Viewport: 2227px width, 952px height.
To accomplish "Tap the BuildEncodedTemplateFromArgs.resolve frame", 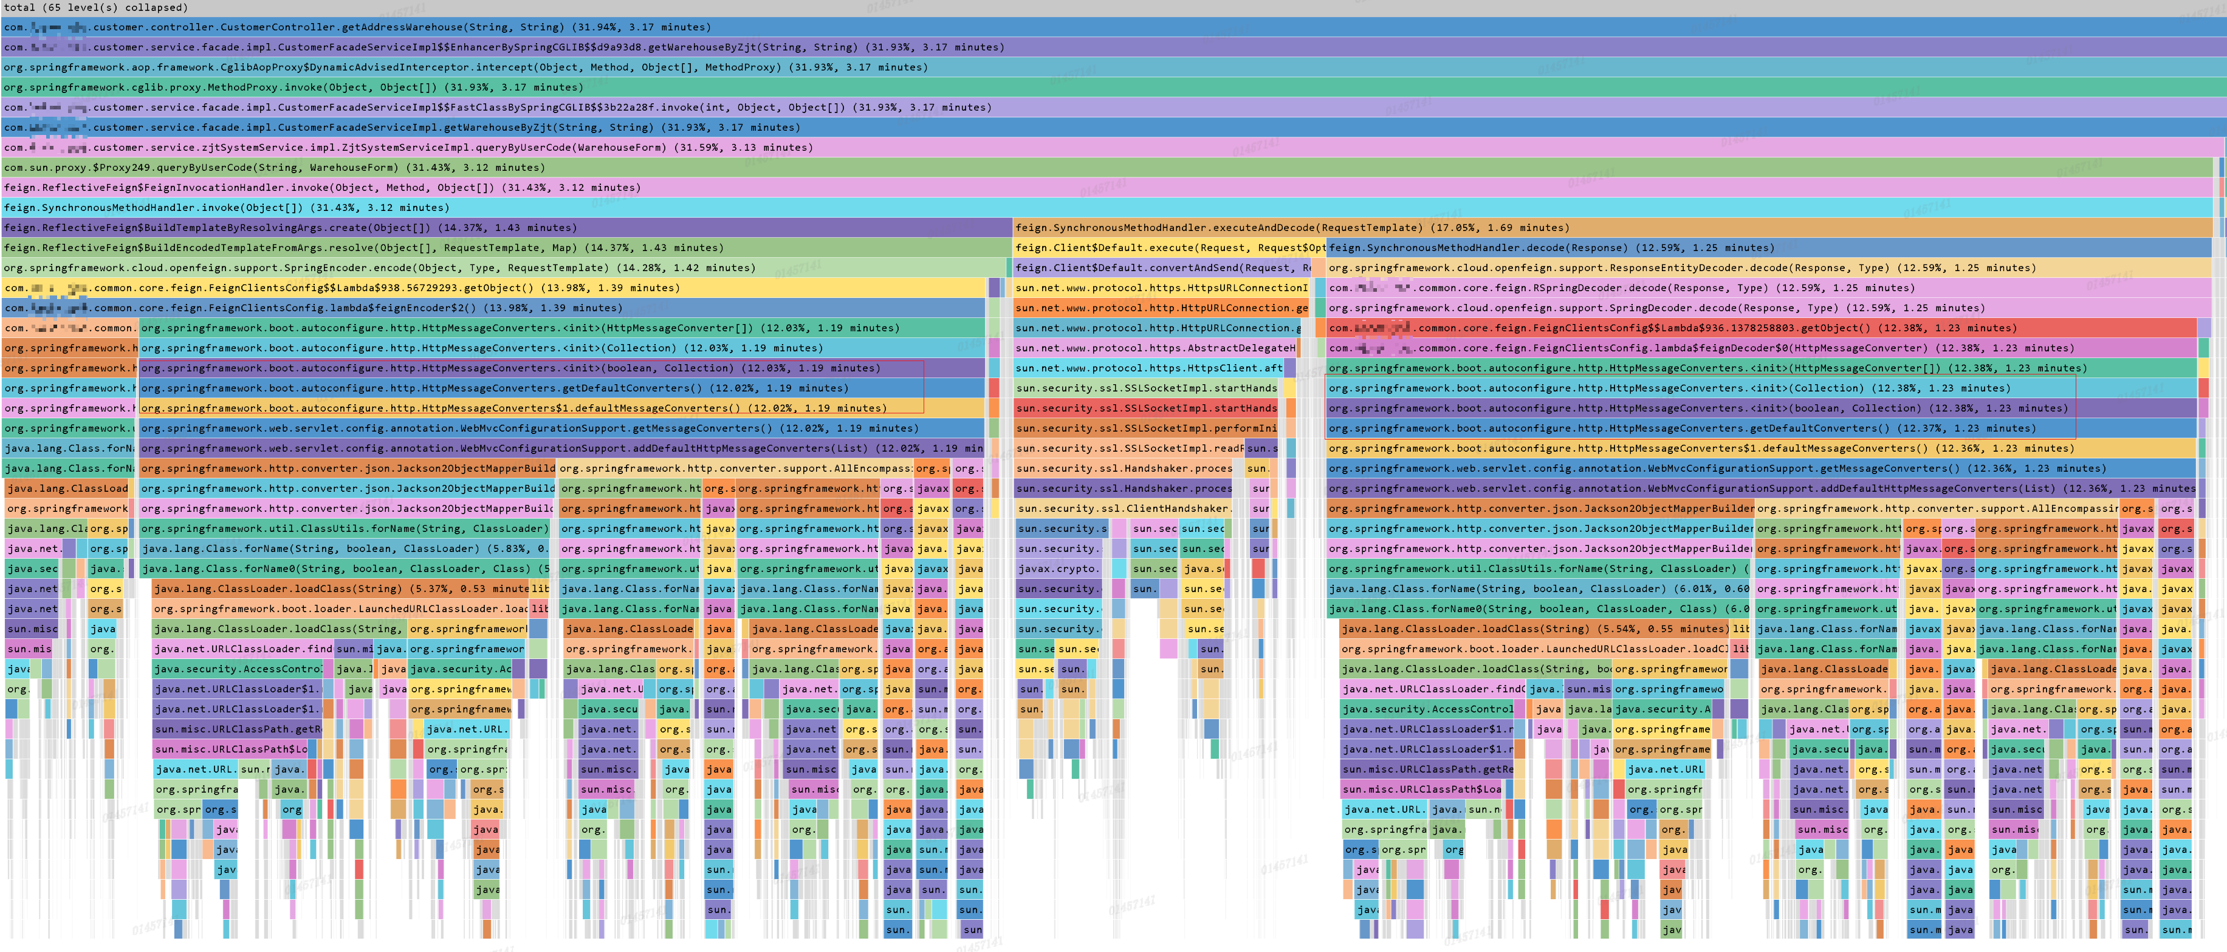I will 346,248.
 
